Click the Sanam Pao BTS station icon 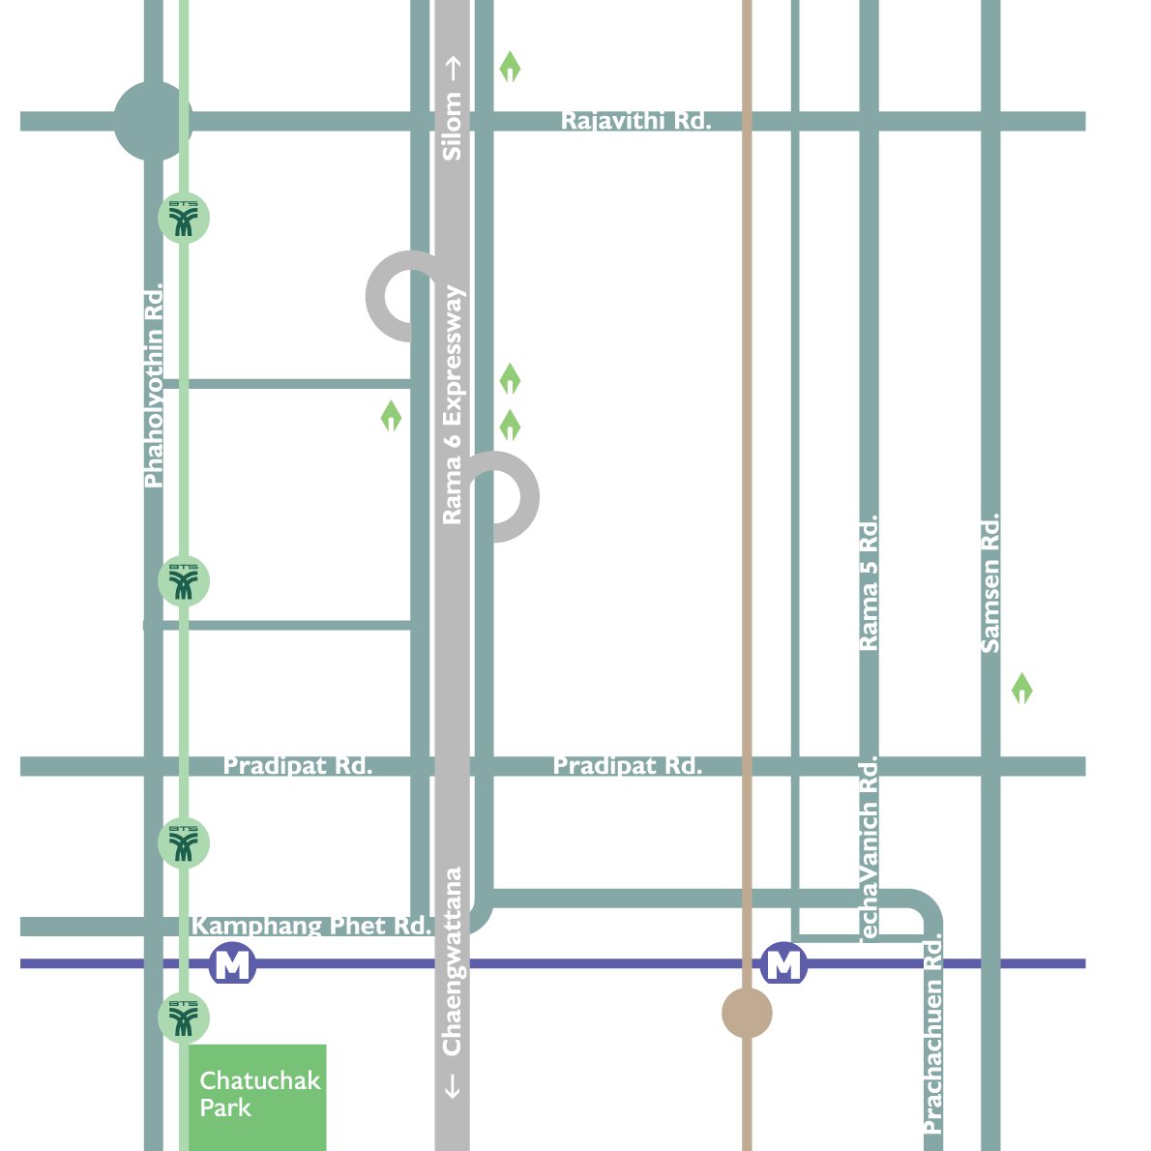point(184,218)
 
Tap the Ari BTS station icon point(184,581)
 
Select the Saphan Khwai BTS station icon point(184,842)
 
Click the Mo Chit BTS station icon point(184,1017)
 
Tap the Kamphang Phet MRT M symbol point(232,964)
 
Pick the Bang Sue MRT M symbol point(783,964)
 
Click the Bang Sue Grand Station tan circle point(747,1013)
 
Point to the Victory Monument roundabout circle point(152,121)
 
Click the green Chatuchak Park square point(257,1096)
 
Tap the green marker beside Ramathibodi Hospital point(510,68)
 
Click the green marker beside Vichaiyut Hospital point(510,379)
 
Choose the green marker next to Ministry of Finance point(391,417)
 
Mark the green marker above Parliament point(1021,690)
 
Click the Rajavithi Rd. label point(635,121)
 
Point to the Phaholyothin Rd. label point(154,385)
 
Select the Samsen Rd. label point(989,582)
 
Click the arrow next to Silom point(452,68)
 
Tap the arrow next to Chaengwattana point(452,1086)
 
